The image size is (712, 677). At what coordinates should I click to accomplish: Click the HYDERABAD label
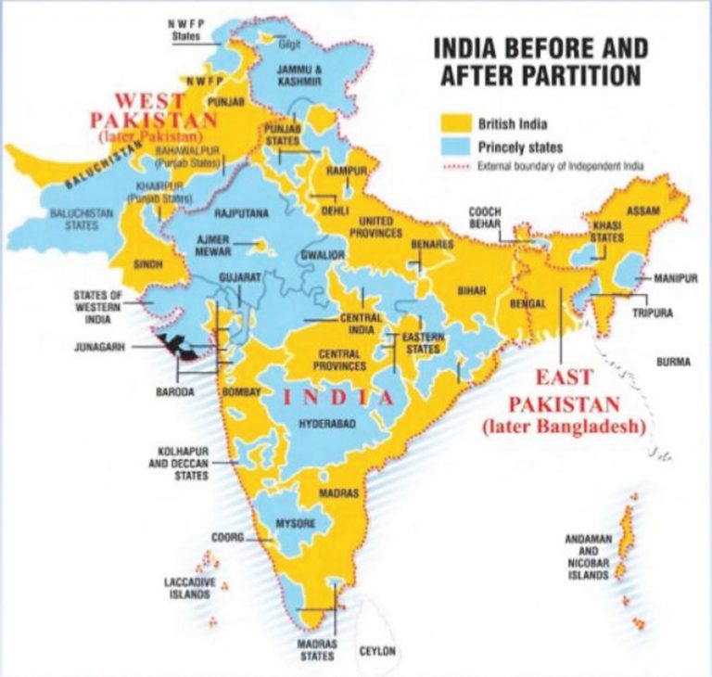[326, 423]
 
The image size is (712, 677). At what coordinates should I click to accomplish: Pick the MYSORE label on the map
[296, 525]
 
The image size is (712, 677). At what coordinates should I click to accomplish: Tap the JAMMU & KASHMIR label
[299, 76]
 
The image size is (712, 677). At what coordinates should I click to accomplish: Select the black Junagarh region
[176, 349]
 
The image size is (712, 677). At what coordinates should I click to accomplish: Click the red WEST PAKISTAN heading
[164, 109]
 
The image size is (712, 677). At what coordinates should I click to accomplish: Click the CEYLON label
[377, 652]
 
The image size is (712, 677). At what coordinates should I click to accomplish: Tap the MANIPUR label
[674, 278]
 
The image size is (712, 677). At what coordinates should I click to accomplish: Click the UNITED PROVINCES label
[375, 227]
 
